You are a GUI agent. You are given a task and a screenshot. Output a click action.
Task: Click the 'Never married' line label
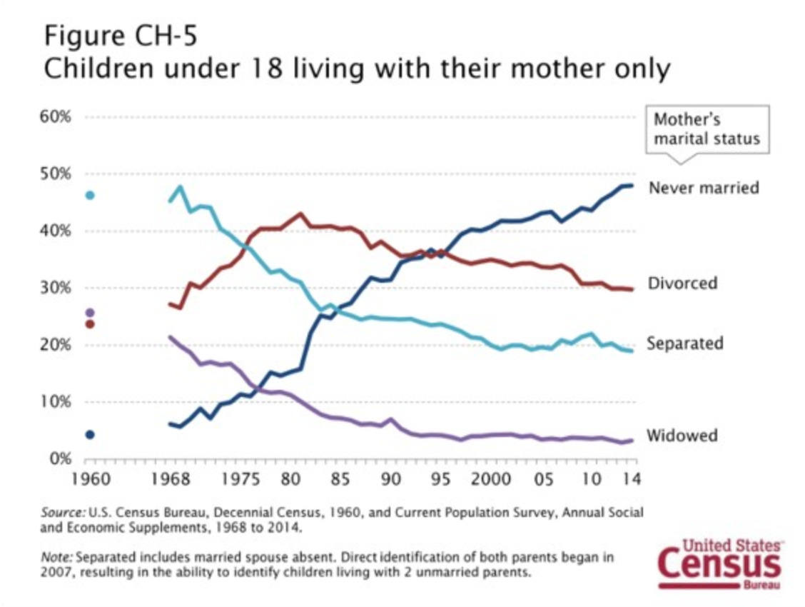click(x=703, y=188)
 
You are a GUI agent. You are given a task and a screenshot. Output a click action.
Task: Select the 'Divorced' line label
click(x=682, y=284)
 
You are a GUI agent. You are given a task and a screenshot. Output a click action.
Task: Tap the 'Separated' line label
click(x=684, y=343)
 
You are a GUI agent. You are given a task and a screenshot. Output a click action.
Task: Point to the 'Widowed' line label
click(x=682, y=436)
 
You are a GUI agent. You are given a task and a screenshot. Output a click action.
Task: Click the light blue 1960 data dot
click(x=90, y=195)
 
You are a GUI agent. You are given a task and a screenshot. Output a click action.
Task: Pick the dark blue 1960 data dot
click(x=90, y=434)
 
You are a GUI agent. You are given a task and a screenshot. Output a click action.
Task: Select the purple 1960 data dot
click(x=90, y=312)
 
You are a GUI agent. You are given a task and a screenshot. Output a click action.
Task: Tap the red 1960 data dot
click(x=90, y=324)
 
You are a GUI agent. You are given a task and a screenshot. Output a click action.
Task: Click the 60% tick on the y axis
click(x=56, y=117)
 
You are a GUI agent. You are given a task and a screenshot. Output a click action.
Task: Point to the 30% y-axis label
click(x=56, y=288)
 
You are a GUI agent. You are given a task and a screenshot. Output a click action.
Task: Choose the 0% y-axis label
click(x=59, y=458)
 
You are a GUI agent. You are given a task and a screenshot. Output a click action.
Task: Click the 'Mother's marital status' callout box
click(x=707, y=129)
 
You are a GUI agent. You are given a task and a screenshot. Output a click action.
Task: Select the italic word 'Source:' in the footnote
click(x=63, y=513)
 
